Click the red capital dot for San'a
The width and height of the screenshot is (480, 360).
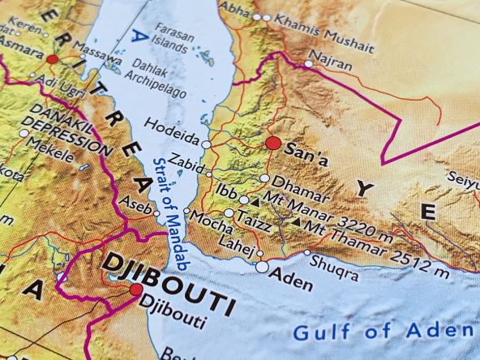click(x=272, y=144)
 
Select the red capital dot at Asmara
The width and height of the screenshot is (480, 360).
click(x=53, y=59)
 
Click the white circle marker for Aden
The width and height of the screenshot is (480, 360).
click(x=261, y=266)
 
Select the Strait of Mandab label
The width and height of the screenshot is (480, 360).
click(x=169, y=213)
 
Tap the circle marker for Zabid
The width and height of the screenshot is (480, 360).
click(x=209, y=173)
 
